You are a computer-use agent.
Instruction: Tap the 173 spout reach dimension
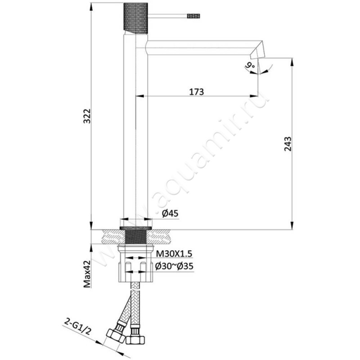point(196,92)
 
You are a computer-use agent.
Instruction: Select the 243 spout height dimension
point(288,144)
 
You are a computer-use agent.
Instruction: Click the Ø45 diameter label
point(170,213)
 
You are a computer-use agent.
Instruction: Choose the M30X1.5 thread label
point(174,254)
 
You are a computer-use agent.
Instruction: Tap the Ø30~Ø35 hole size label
point(174,266)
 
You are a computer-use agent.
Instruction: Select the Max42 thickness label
point(87,274)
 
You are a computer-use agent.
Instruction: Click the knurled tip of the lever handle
point(193,16)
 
